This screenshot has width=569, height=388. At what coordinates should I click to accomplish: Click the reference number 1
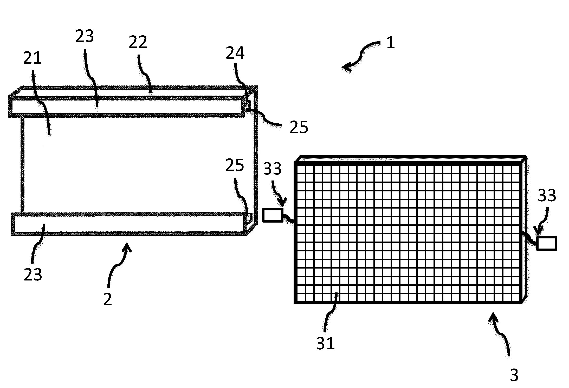click(391, 43)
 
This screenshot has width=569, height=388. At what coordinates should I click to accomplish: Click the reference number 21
click(32, 58)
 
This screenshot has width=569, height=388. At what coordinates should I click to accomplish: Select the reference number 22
click(138, 42)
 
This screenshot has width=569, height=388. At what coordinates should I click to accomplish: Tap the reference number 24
click(235, 53)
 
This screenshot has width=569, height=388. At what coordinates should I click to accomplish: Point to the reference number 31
click(325, 343)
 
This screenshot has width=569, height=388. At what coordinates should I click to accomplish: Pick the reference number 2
click(107, 299)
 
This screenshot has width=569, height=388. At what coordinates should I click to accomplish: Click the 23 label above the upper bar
click(85, 36)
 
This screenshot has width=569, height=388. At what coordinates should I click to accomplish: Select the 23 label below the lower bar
click(33, 275)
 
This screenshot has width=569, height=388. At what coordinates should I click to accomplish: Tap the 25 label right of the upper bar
click(299, 127)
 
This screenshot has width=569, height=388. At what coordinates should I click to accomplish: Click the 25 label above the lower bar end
click(235, 165)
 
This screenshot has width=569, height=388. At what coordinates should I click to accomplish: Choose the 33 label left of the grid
click(272, 169)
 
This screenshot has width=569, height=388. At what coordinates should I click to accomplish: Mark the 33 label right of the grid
click(547, 195)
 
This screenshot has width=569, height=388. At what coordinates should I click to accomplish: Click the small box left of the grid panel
click(273, 215)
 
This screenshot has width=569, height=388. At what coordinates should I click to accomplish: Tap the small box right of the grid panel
click(547, 243)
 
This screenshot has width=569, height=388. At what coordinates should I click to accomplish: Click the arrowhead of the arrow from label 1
click(346, 67)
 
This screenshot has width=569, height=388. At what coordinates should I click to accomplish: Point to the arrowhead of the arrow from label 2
click(126, 247)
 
